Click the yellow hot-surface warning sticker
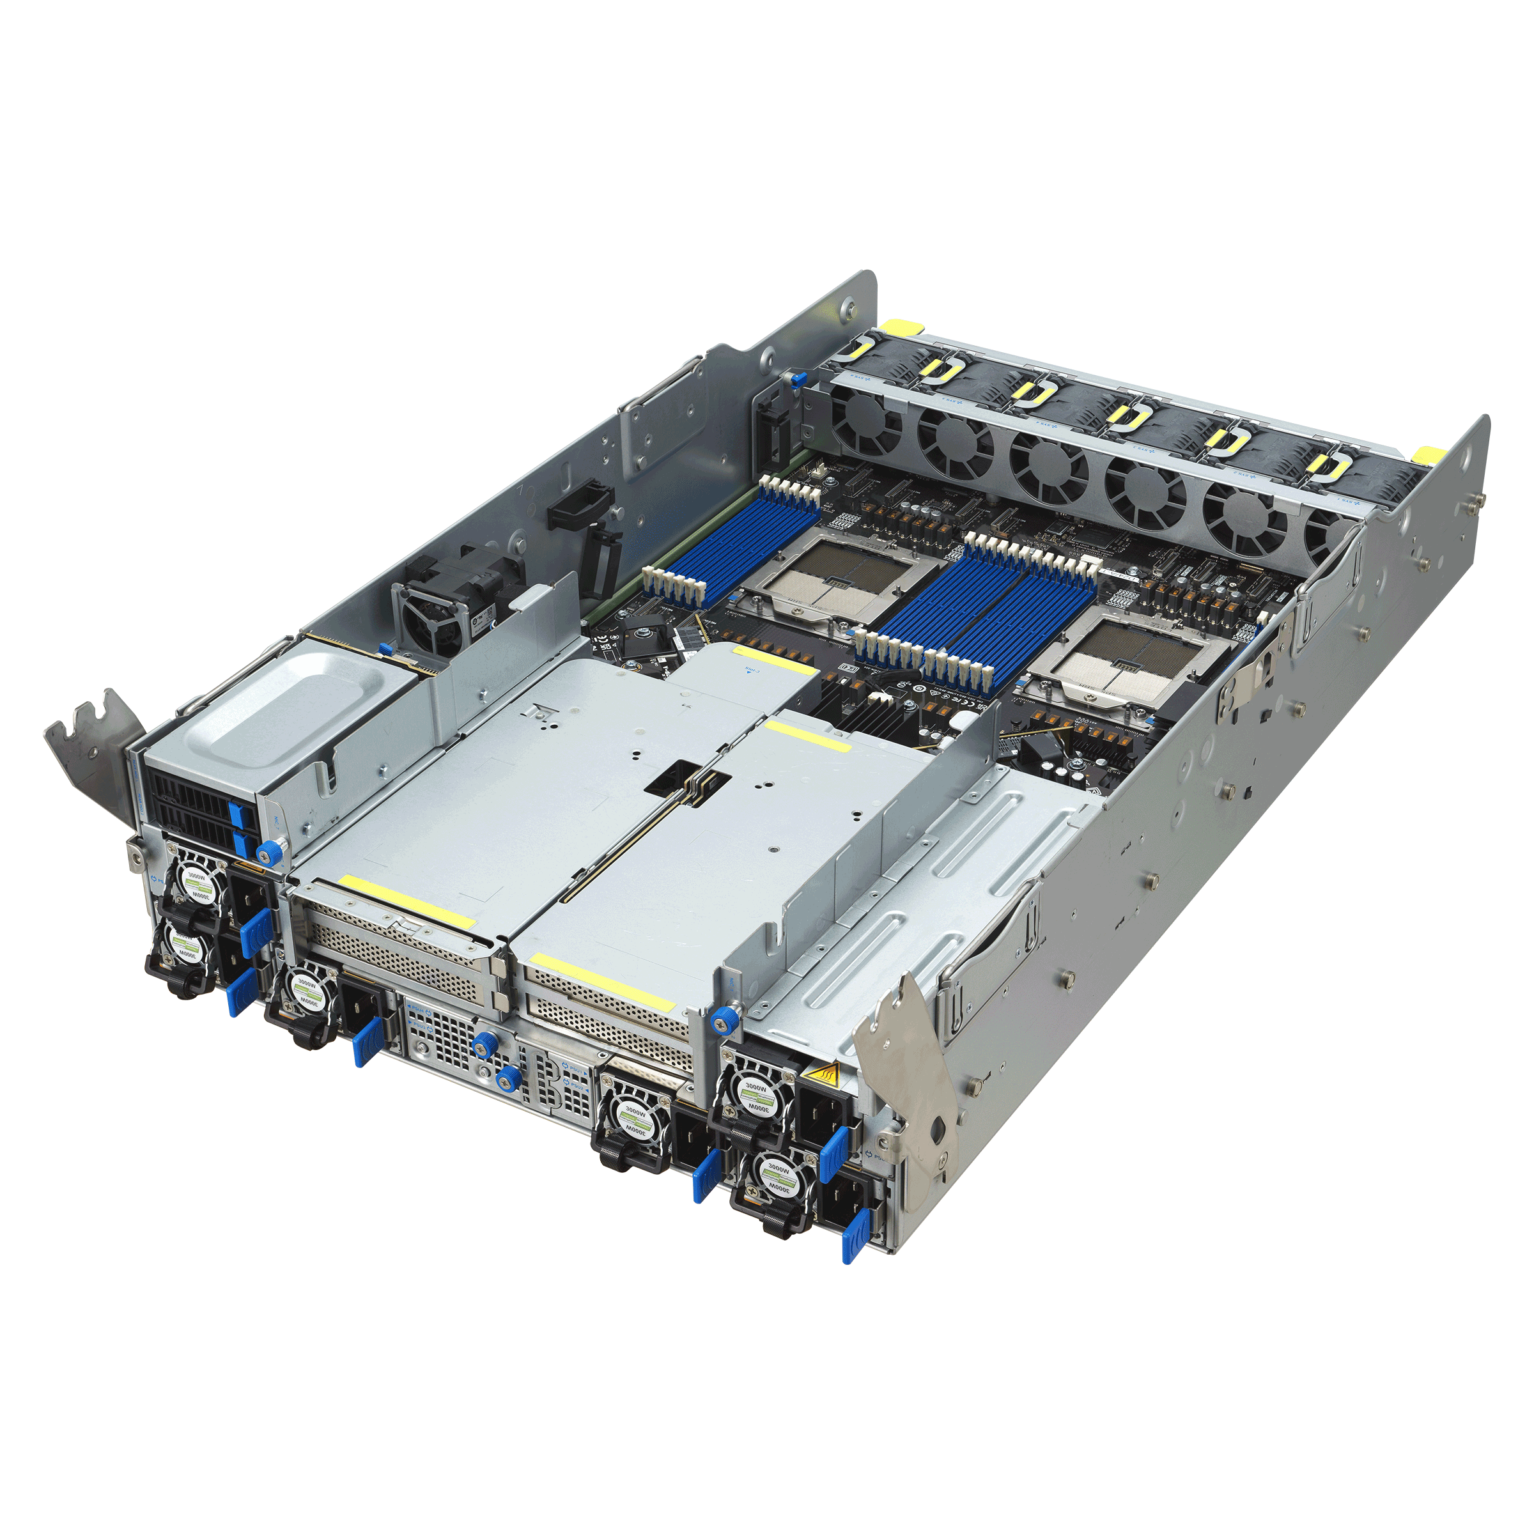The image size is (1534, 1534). click(x=819, y=1075)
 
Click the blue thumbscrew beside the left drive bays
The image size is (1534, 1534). click(x=270, y=852)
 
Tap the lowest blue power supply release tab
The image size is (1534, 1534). click(x=853, y=1239)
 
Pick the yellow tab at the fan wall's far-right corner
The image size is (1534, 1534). click(x=1429, y=455)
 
